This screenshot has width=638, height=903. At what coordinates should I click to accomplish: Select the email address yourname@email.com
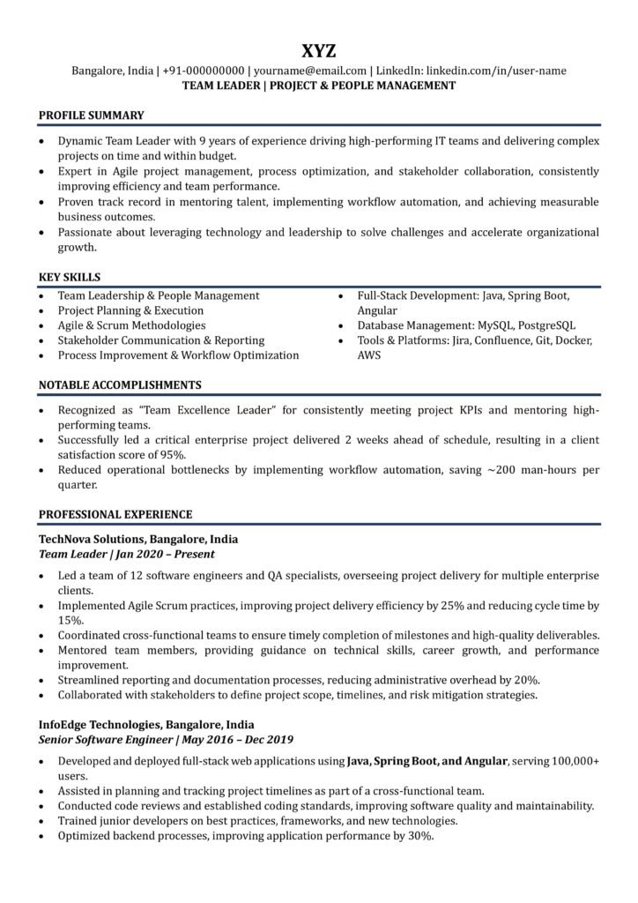coord(310,71)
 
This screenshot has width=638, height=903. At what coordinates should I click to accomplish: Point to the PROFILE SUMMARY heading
coord(92,115)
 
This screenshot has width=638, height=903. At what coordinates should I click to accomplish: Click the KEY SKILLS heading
coord(70,276)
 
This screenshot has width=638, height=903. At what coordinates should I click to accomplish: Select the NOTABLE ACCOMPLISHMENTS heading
coord(120,384)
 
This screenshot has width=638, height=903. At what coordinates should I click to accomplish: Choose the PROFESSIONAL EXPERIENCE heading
coord(116,513)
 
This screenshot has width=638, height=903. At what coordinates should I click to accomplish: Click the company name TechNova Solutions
coord(91,538)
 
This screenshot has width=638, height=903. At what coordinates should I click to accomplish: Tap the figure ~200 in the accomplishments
coord(503,470)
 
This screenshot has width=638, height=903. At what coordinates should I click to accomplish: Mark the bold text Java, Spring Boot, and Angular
coord(427,760)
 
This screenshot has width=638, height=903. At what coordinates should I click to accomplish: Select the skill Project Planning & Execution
coord(130,310)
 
